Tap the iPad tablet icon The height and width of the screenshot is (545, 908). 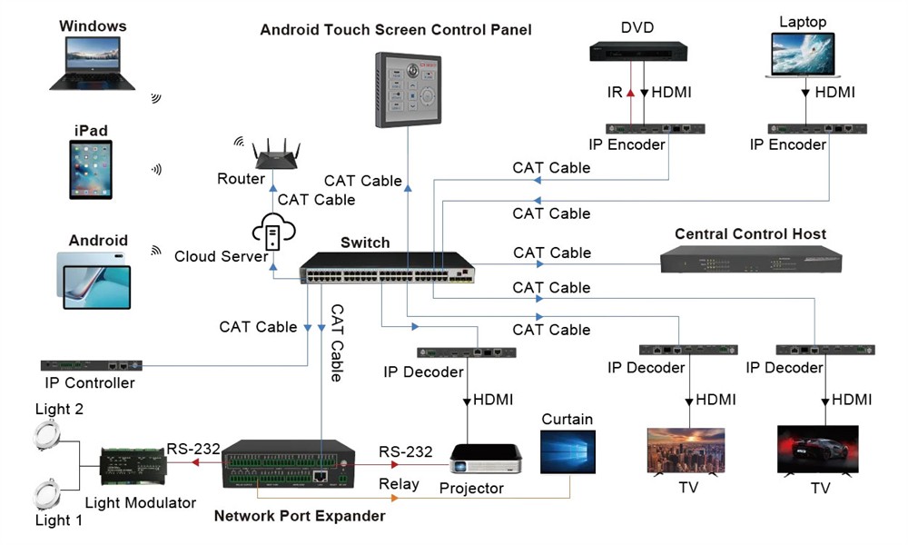[95, 169]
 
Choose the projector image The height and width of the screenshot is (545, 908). [487, 458]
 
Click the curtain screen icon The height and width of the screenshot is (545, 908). [567, 451]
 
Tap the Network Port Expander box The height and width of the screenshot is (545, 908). [288, 464]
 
